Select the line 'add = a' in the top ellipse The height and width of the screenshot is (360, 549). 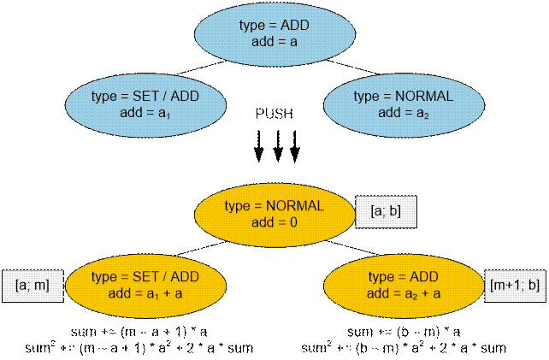(274, 40)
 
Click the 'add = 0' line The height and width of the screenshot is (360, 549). (273, 221)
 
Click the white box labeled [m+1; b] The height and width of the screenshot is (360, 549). (517, 282)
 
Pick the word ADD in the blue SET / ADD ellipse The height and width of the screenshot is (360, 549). (184, 96)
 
